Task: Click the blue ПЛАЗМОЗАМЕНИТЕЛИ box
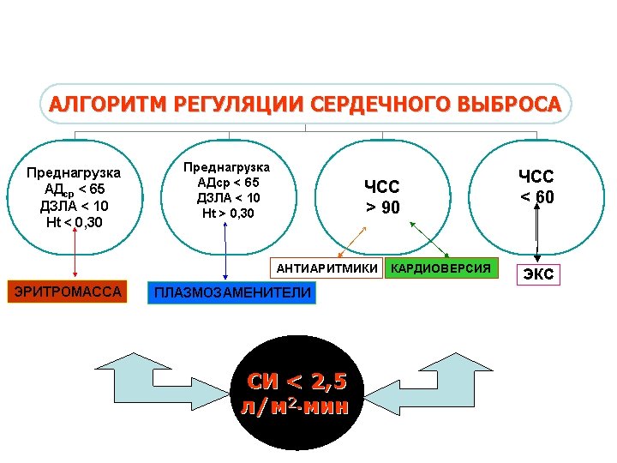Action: [x=231, y=293]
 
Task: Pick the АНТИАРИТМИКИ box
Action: [x=326, y=269]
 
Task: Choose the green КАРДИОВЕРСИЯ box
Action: [x=440, y=269]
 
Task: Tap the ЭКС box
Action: [x=538, y=274]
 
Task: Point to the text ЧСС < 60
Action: [x=536, y=186]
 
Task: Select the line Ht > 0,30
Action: [x=228, y=212]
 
